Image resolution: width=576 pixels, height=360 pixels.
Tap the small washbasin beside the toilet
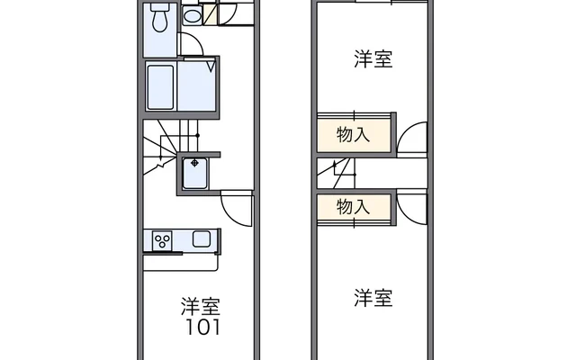[x=192, y=15]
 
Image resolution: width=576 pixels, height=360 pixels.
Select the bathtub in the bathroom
[x=160, y=86]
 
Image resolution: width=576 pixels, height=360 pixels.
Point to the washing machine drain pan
[x=194, y=172]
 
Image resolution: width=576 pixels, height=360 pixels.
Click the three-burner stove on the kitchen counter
[x=163, y=239]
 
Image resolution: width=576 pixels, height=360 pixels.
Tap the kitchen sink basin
[x=201, y=239]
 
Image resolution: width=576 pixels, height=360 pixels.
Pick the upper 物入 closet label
[x=354, y=135]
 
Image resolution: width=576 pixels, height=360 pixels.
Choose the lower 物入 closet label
[x=354, y=206]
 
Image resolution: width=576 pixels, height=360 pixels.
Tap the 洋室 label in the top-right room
[x=373, y=60]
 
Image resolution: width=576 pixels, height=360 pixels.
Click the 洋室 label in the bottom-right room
[x=373, y=298]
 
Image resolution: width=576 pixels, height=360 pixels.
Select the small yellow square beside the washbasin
[x=209, y=14]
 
